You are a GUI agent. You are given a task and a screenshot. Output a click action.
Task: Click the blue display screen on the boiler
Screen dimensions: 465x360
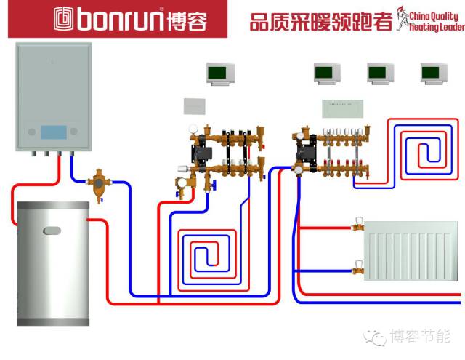53,132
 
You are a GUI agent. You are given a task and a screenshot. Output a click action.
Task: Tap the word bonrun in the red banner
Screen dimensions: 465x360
120,19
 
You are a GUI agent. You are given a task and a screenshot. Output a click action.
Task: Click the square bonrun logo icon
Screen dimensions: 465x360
63,19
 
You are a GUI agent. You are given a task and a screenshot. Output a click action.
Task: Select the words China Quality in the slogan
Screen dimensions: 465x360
433,16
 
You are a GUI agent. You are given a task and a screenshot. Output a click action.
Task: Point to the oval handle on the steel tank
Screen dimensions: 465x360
52,231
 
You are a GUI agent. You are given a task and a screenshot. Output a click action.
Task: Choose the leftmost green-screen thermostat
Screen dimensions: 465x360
220,73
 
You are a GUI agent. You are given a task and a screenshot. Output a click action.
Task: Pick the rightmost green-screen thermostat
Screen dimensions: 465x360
434,73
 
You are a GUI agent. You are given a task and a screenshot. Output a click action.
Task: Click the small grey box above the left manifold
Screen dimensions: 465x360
194,106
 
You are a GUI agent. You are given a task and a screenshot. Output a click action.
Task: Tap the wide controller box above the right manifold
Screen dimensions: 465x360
342,108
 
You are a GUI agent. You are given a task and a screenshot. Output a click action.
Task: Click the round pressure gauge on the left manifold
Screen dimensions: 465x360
193,129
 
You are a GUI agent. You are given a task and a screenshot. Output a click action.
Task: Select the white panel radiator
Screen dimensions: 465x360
411,251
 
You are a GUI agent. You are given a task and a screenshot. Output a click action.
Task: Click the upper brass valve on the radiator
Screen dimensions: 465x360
358,225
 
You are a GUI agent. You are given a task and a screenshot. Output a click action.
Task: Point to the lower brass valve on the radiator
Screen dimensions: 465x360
358,268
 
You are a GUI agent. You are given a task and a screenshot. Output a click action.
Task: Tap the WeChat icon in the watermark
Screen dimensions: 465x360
375,337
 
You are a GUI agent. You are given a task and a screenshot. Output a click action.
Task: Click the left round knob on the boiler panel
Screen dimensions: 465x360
32,132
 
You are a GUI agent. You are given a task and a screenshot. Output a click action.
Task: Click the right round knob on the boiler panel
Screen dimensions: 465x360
74,131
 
